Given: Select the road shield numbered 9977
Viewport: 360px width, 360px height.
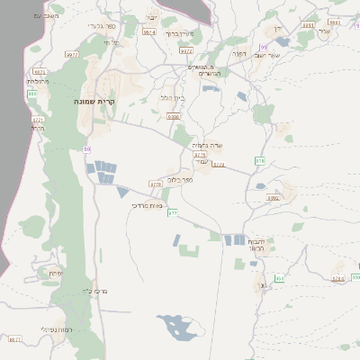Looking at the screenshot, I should pyautogui.click(x=71, y=55).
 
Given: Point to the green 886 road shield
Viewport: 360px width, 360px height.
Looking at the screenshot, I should pyautogui.click(x=32, y=93).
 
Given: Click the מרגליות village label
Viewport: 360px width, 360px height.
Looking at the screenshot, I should pyautogui.click(x=39, y=81).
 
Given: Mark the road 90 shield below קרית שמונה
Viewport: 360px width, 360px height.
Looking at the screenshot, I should pyautogui.click(x=86, y=148).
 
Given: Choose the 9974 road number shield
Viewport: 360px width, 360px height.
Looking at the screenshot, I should pyautogui.click(x=148, y=31).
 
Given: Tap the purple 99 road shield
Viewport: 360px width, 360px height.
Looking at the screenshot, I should pyautogui.click(x=263, y=48).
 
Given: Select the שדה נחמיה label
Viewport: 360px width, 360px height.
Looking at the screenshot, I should pyautogui.click(x=206, y=145).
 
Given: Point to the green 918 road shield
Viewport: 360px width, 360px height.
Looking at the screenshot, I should pyautogui.click(x=260, y=160).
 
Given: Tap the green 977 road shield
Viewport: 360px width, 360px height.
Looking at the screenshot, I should pyautogui.click(x=174, y=212).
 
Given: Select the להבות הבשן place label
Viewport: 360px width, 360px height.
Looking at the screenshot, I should pyautogui.click(x=256, y=246).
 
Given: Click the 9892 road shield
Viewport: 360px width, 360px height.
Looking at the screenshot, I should pyautogui.click(x=274, y=197).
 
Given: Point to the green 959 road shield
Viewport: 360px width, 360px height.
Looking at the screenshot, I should pyautogui.click(x=279, y=279).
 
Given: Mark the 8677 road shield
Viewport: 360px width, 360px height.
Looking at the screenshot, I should pyautogui.click(x=14, y=339).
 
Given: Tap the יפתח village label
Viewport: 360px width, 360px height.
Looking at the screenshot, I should pyautogui.click(x=56, y=272).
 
